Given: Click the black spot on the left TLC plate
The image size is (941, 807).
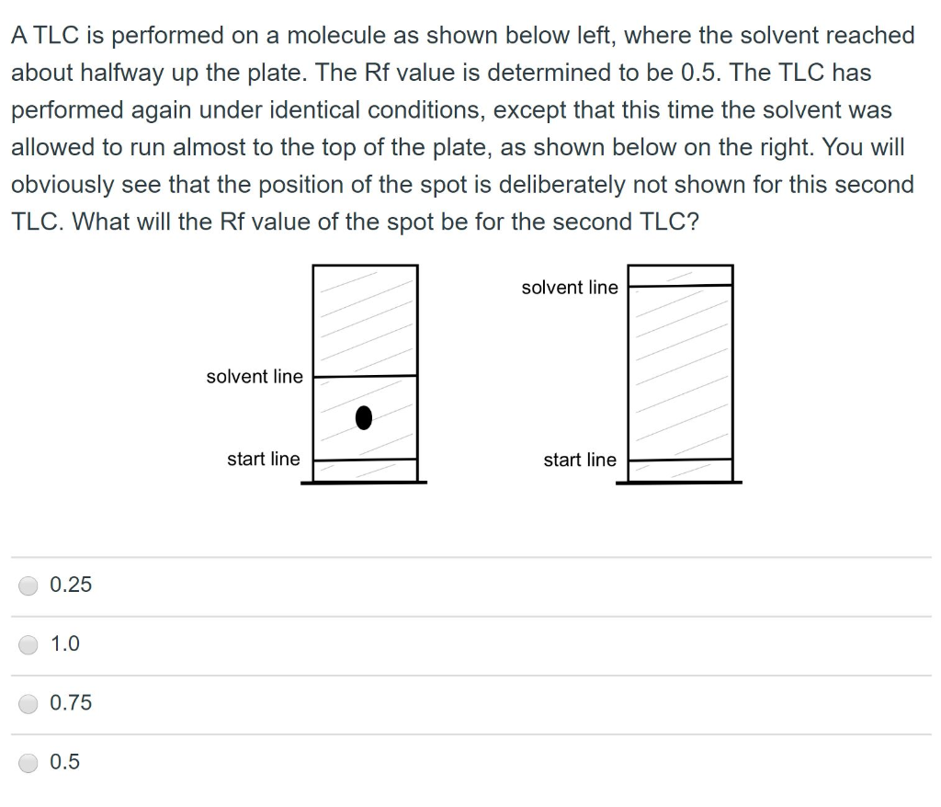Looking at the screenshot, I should pyautogui.click(x=365, y=418).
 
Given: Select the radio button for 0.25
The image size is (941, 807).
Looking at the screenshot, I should pyautogui.click(x=29, y=585).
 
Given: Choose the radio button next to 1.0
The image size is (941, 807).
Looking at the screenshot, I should pyautogui.click(x=29, y=644).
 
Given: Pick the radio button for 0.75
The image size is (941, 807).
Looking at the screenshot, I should pyautogui.click(x=29, y=703).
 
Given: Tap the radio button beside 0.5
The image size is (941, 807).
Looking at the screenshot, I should pyautogui.click(x=29, y=762).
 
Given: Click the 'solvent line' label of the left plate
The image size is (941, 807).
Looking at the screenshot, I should pyautogui.click(x=255, y=377).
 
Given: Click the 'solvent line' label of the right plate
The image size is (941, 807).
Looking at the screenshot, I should pyautogui.click(x=570, y=288).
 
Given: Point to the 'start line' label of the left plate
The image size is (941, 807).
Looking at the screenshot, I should pyautogui.click(x=264, y=459).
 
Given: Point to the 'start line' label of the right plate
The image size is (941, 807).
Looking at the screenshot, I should pyautogui.click(x=580, y=460).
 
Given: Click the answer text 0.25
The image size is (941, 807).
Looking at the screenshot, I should pyautogui.click(x=71, y=585).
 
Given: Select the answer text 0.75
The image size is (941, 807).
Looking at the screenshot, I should pyautogui.click(x=71, y=703).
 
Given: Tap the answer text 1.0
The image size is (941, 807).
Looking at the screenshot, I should pyautogui.click(x=65, y=644).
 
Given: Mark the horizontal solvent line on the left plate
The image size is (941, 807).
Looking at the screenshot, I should pyautogui.click(x=365, y=375).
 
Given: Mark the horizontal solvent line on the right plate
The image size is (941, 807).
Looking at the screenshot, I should pyautogui.click(x=681, y=286).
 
